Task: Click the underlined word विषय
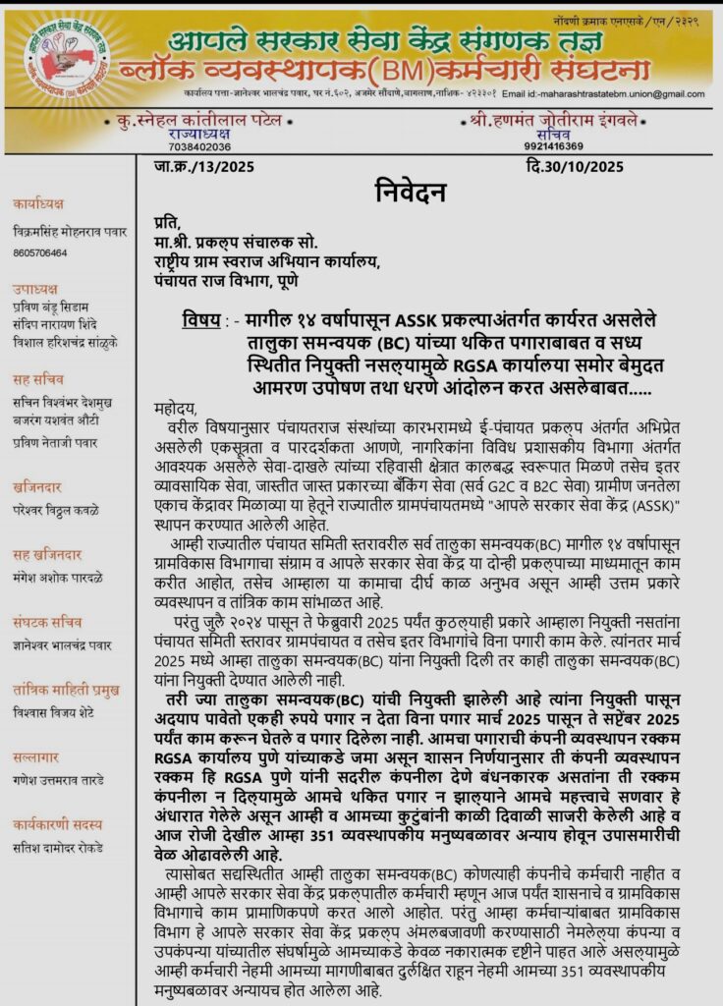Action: [x=202, y=319]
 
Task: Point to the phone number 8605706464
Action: [x=40, y=252]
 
